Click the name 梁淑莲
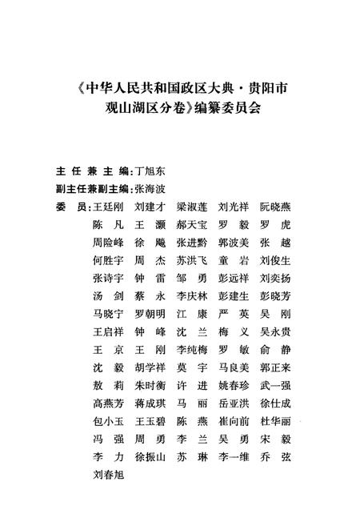(192, 208)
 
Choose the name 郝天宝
(192, 226)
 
